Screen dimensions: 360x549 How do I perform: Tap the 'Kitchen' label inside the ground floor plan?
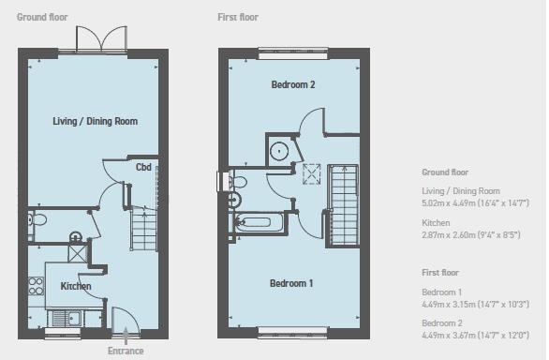(76, 285)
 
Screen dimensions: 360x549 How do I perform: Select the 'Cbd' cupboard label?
(143, 168)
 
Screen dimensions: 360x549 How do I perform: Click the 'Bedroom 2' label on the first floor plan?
(292, 85)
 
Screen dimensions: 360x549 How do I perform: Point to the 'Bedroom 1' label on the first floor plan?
(292, 283)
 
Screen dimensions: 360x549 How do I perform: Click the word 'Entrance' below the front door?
(125, 351)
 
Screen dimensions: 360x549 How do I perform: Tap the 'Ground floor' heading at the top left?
(41, 17)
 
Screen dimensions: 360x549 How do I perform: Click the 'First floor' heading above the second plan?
(238, 17)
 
